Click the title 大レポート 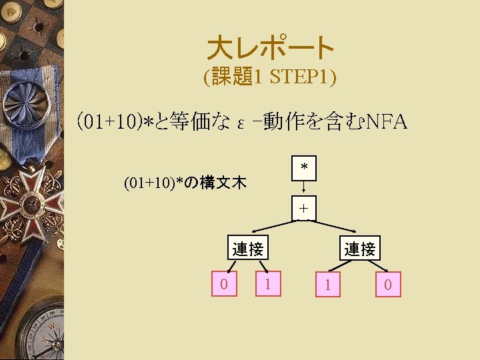pyautogui.click(x=270, y=47)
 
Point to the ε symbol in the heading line pyautogui.click(x=241, y=123)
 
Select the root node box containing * pyautogui.click(x=303, y=167)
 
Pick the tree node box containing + pyautogui.click(x=303, y=208)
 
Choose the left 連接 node pyautogui.click(x=248, y=249)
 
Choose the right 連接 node pyautogui.click(x=360, y=249)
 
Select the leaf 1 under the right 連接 pyautogui.click(x=327, y=285)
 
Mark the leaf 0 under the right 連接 pyautogui.click(x=387, y=285)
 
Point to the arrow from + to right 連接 pyautogui.click(x=337, y=227)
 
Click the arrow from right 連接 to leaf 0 pyautogui.click(x=378, y=265)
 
